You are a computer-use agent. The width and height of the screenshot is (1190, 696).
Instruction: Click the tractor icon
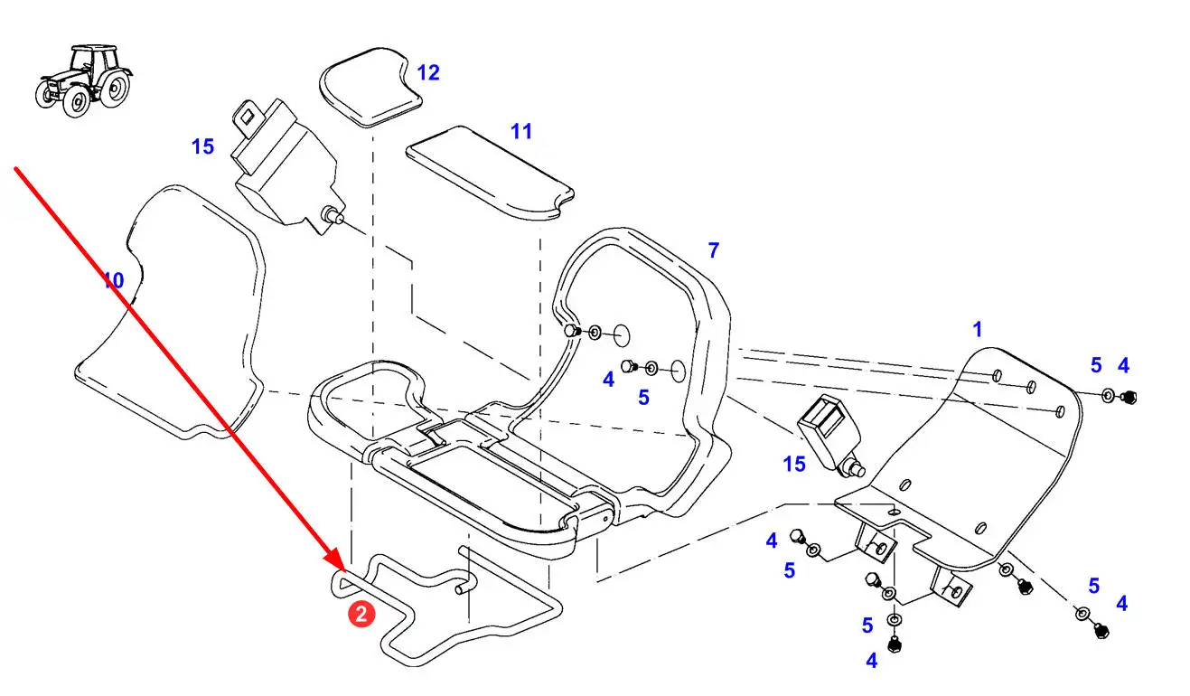pyautogui.click(x=84, y=80)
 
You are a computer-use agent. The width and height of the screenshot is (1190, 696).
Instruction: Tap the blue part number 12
pyautogui.click(x=428, y=73)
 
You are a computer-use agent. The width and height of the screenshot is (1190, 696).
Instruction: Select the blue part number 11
pyautogui.click(x=521, y=131)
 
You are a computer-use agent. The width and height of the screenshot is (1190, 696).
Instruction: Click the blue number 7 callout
pyautogui.click(x=714, y=250)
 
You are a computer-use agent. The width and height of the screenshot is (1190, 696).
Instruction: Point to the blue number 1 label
pyautogui.click(x=977, y=329)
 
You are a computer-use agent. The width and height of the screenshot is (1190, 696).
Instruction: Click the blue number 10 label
pyautogui.click(x=113, y=280)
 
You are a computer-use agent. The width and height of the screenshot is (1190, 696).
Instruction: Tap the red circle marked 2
pyautogui.click(x=361, y=614)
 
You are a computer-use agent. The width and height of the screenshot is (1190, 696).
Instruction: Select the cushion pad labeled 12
pyautogui.click(x=370, y=87)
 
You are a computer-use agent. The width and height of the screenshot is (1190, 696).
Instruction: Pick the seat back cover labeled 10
pyautogui.click(x=170, y=314)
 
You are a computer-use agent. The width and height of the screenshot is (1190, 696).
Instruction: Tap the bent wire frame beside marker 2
pyautogui.click(x=446, y=606)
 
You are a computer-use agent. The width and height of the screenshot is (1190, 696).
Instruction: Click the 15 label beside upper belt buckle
pyautogui.click(x=202, y=146)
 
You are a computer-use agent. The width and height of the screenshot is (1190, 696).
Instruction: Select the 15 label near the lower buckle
pyautogui.click(x=794, y=465)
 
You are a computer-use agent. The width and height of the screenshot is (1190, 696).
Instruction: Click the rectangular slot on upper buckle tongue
pyautogui.click(x=248, y=115)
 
